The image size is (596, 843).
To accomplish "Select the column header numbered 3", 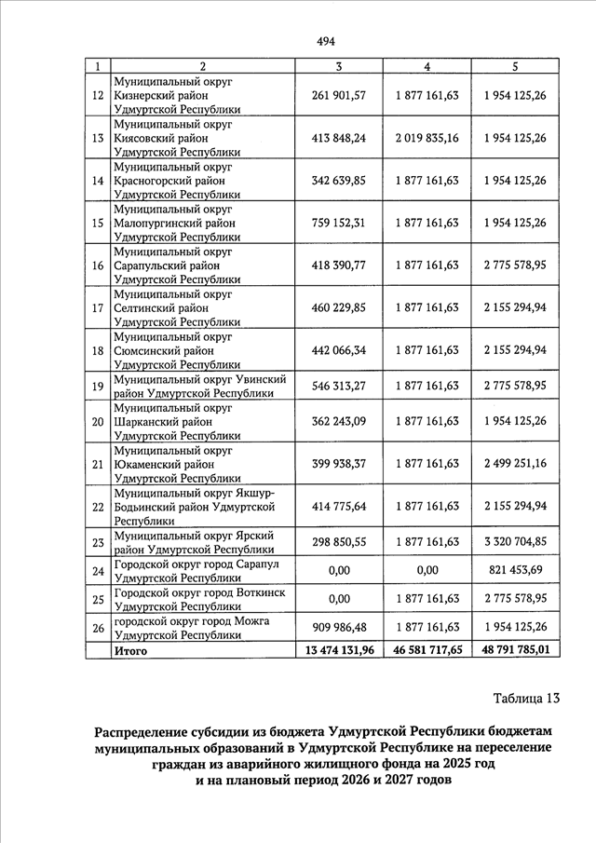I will point(339,66).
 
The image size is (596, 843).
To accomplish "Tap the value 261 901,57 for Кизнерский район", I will point(339,95).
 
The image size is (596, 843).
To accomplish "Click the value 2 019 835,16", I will point(427,137).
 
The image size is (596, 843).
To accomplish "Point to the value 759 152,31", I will point(339,223).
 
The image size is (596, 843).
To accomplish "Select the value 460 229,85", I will point(339,307).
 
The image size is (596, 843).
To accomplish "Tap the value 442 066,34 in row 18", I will point(339,350).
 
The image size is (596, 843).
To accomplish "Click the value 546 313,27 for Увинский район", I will point(339,386).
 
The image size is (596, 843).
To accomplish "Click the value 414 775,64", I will point(339,506).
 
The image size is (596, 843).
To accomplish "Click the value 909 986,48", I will point(339,627).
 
